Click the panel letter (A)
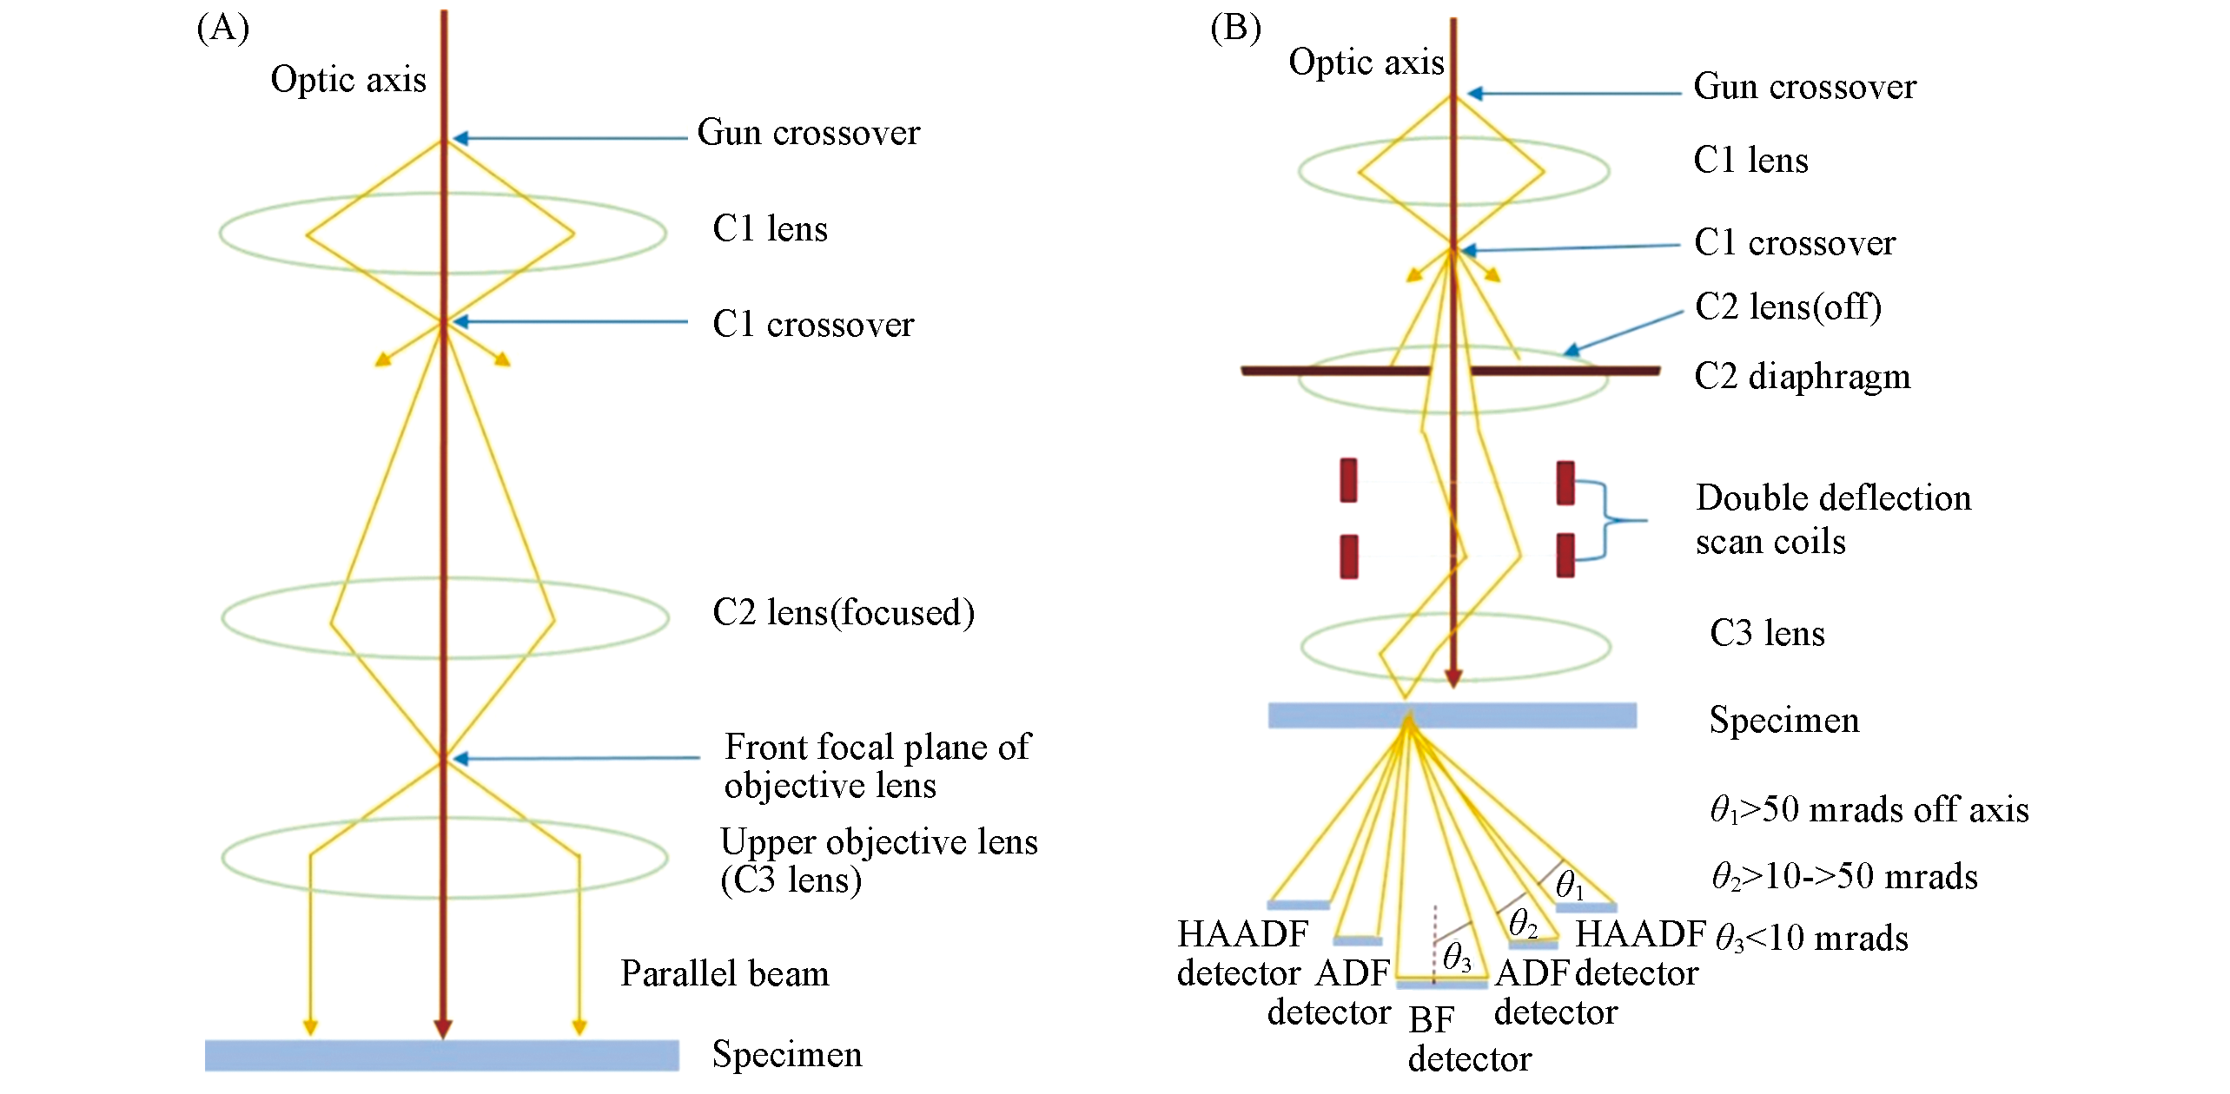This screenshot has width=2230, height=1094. [x=223, y=29]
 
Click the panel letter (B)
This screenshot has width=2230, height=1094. [x=1235, y=29]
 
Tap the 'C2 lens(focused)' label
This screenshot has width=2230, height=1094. [x=844, y=612]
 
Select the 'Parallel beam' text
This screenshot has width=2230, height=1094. [x=725, y=973]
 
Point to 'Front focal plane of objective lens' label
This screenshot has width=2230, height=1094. [x=877, y=766]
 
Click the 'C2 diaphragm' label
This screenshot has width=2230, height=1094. [x=1802, y=377]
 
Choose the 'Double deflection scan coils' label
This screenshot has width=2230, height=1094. [x=1833, y=519]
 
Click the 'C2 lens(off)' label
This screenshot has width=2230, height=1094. [x=1788, y=306]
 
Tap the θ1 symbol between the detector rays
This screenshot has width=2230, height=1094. [x=1569, y=885]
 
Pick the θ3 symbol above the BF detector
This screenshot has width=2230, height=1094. [x=1457, y=958]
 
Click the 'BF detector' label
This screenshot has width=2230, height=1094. [x=1469, y=1039]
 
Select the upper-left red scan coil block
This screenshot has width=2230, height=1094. [x=1348, y=480]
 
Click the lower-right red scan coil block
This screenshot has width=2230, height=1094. [x=1565, y=555]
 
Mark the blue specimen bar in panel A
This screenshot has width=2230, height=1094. [x=441, y=1055]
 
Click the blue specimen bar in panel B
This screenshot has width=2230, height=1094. [x=1452, y=715]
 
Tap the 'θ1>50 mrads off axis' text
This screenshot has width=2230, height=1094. [x=1869, y=809]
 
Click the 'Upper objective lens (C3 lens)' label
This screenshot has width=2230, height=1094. [x=878, y=860]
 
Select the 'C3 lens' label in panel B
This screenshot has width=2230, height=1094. [x=1767, y=633]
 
